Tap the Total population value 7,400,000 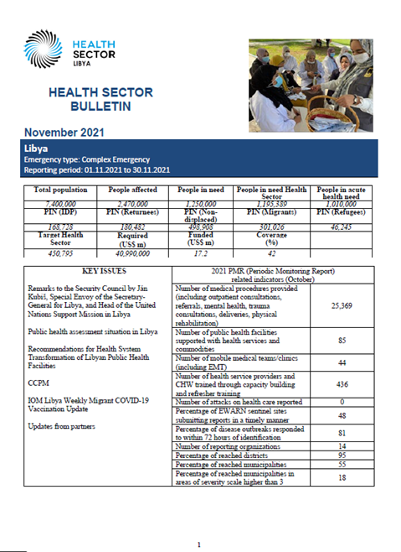click(54, 202)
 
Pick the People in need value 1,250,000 click(197, 202)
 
